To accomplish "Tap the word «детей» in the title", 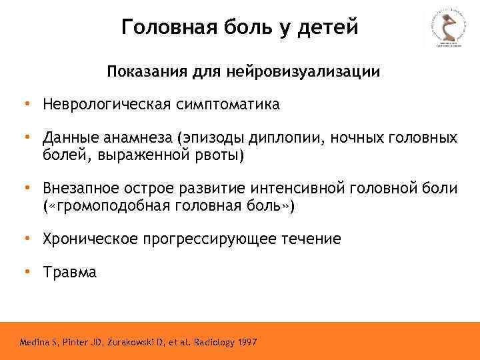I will pyautogui.click(x=327, y=27).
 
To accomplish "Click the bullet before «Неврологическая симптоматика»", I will pyautogui.click(x=27, y=104).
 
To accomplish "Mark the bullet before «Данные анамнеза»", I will pyautogui.click(x=27, y=137).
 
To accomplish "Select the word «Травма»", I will pyautogui.click(x=70, y=272).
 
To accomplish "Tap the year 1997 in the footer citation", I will pyautogui.click(x=244, y=343).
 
